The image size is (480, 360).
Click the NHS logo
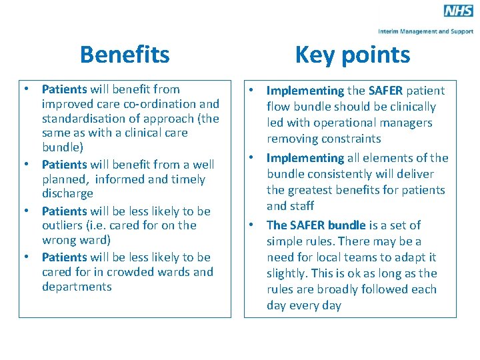point(459,11)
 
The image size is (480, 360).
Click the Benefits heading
point(125,55)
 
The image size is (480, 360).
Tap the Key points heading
point(352,55)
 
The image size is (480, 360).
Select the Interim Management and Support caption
point(426,31)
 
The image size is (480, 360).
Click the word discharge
point(67,194)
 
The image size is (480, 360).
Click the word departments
point(77,287)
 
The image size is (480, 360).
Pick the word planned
point(65,179)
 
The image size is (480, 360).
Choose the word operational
point(347,123)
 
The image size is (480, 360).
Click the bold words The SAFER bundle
point(317,225)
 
